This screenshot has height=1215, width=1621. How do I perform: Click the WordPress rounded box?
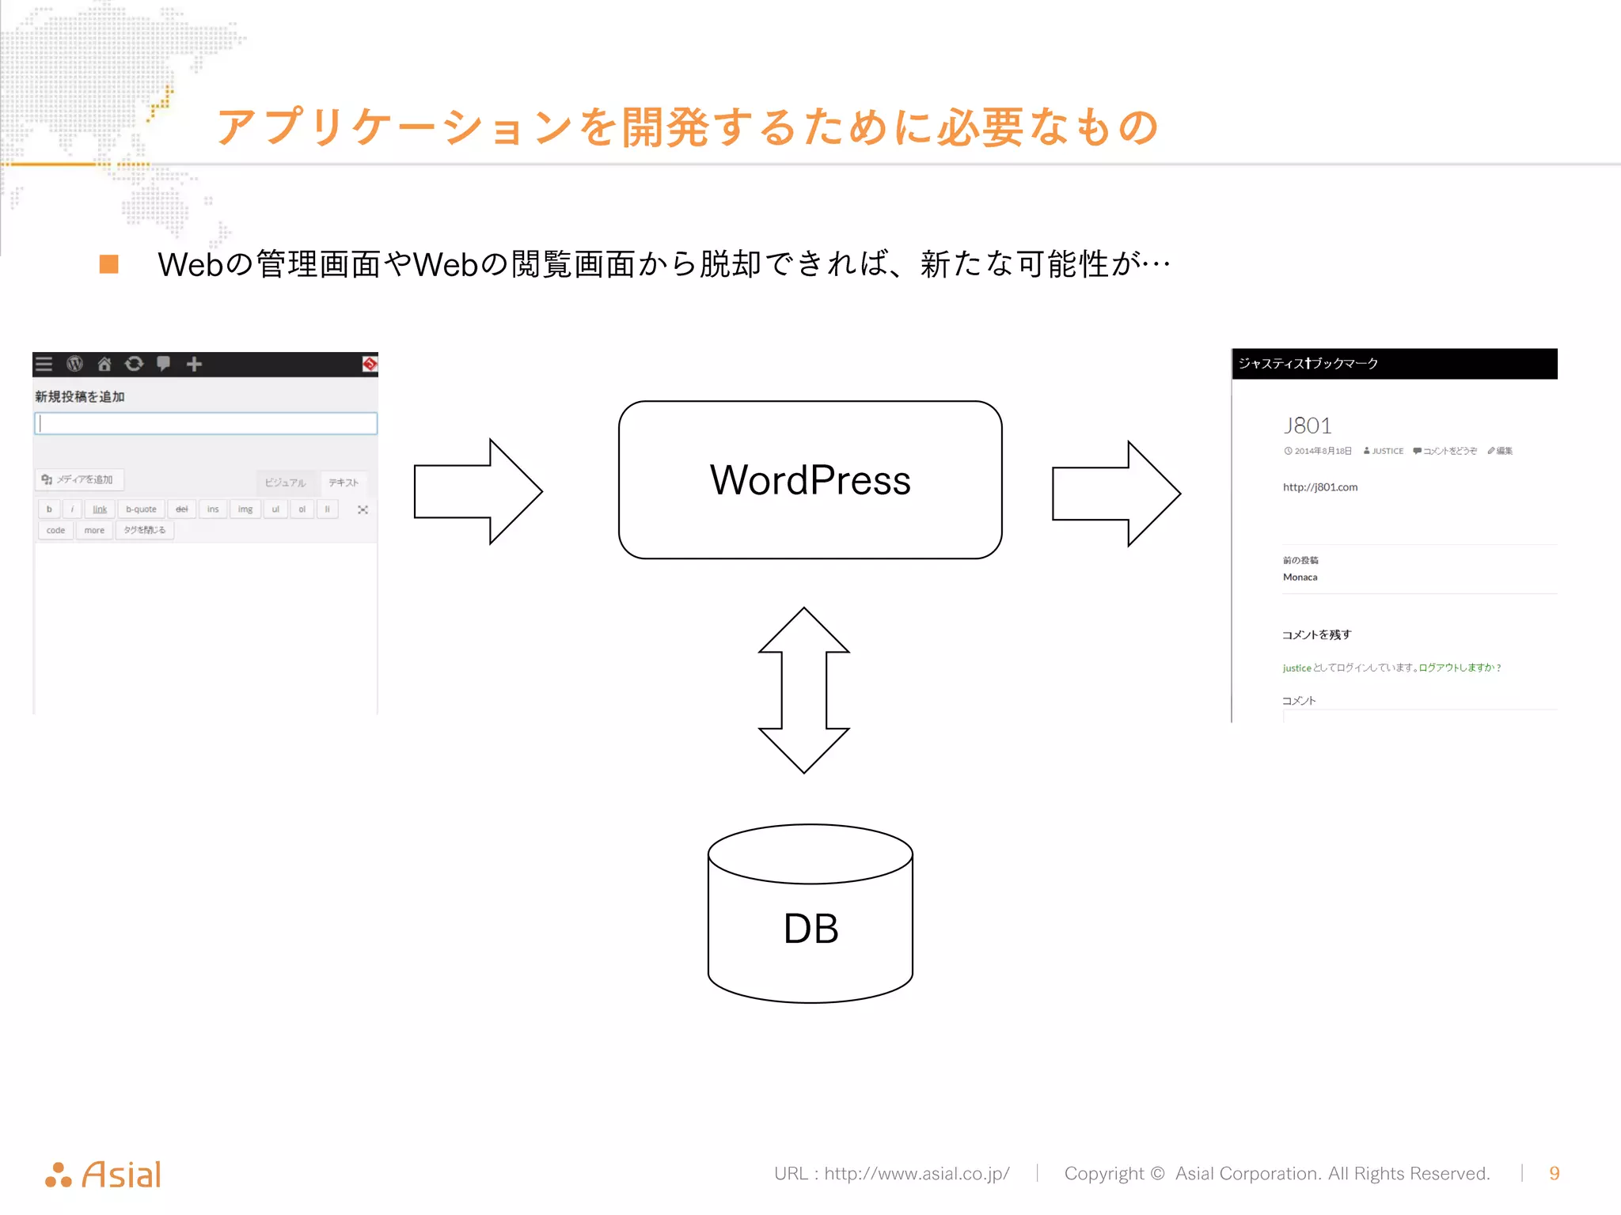[x=810, y=480]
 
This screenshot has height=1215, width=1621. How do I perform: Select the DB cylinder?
[x=810, y=918]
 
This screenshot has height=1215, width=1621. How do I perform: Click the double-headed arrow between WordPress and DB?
[x=804, y=690]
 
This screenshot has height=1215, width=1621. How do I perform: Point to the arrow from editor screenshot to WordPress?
[x=477, y=491]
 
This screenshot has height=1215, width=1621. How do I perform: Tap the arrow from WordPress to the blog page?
[x=1115, y=494]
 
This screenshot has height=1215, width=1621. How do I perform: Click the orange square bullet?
[x=109, y=264]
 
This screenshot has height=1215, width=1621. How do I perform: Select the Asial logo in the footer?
[x=104, y=1175]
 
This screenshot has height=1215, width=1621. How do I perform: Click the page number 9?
[x=1554, y=1173]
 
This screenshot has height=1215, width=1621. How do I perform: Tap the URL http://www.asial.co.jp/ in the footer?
[x=917, y=1173]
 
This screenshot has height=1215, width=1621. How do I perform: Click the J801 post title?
[x=1308, y=426]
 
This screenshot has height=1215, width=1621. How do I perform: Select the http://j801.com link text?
[x=1320, y=487]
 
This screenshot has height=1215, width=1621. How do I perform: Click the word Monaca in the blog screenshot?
[x=1300, y=577]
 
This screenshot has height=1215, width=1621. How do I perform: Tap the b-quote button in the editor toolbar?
[x=141, y=509]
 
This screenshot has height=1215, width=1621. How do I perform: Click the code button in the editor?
[x=55, y=530]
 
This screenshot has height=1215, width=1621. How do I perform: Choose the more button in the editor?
[x=94, y=530]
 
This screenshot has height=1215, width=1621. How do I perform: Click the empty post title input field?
[x=206, y=423]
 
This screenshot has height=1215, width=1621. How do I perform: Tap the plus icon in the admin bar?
[x=194, y=364]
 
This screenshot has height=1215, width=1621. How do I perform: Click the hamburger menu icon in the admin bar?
[x=44, y=364]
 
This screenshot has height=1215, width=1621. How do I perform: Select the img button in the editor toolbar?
[x=245, y=509]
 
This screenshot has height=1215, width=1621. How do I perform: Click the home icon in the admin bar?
[x=104, y=364]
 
